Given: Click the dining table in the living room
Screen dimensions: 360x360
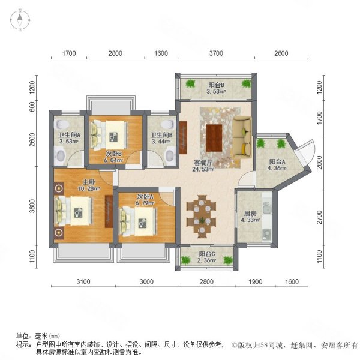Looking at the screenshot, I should [200, 214].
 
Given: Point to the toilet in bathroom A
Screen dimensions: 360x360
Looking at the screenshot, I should [60, 156].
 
